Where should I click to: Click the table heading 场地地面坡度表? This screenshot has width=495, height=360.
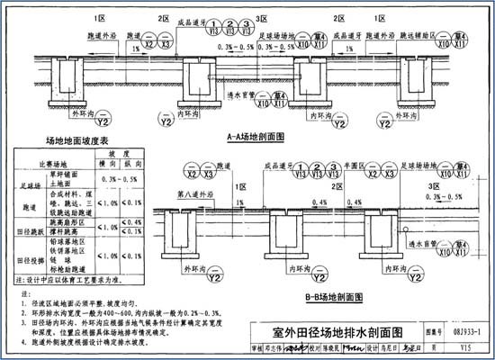coord(77,140)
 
